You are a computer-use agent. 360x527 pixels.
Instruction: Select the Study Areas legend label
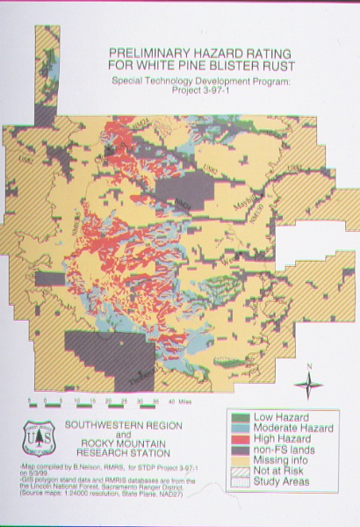(x=283, y=484)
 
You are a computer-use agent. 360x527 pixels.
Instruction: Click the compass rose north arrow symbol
(x=307, y=383)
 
